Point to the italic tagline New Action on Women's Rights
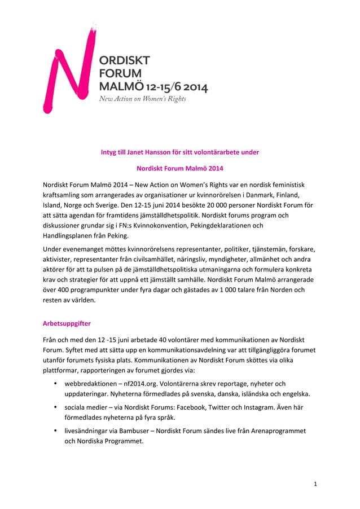point(142,99)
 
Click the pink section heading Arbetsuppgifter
point(67,324)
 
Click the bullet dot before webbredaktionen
point(55,384)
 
